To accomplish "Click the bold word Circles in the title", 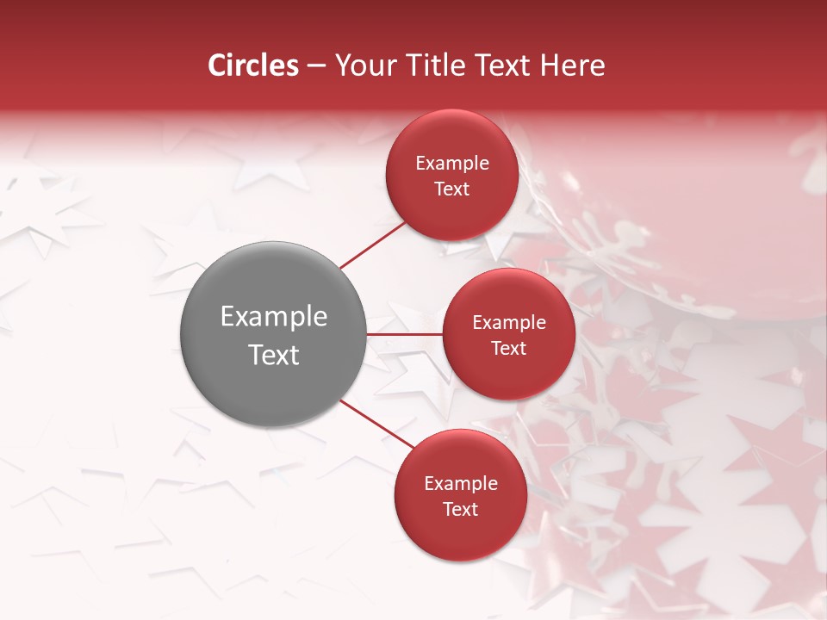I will (x=253, y=65).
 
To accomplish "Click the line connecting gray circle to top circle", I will (x=372, y=245).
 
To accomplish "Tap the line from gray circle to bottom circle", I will (x=376, y=424).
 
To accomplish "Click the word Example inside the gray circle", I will (x=273, y=317).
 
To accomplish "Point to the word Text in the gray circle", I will (x=273, y=355).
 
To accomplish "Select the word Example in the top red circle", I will (x=452, y=164).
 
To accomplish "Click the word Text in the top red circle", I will (x=452, y=189).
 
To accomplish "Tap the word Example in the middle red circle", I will (x=509, y=323).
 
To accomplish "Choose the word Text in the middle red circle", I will (x=509, y=348).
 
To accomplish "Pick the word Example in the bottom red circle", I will (x=461, y=484).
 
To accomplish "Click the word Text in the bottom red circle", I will (x=461, y=509).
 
